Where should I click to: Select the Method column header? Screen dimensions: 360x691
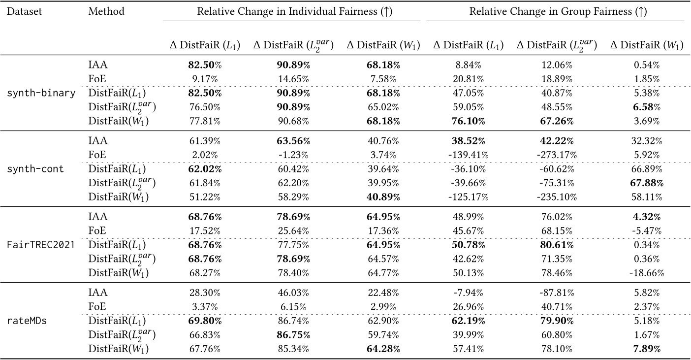(x=106, y=11)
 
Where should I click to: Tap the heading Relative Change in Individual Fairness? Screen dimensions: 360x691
(x=291, y=11)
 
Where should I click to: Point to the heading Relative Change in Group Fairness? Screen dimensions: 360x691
(x=555, y=11)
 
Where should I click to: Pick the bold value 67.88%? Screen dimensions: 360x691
(x=647, y=183)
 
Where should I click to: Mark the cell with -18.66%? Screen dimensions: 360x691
(x=647, y=272)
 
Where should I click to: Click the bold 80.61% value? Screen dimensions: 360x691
(x=557, y=245)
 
